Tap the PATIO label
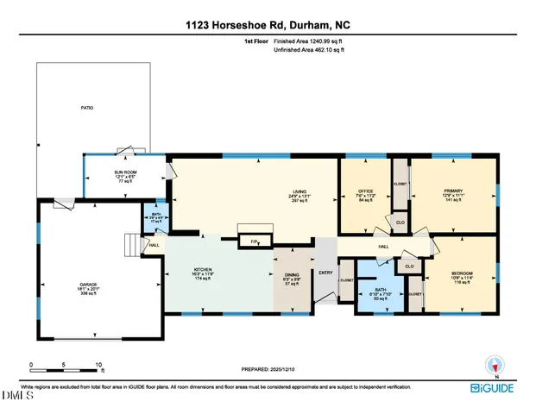click(87, 108)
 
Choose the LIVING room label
click(300, 194)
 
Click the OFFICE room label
click(364, 194)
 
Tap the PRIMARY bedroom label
click(453, 194)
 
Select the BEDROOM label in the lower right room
click(463, 275)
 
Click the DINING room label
click(291, 278)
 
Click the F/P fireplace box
click(255, 241)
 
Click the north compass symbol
click(496, 366)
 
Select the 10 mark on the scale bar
click(100, 365)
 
